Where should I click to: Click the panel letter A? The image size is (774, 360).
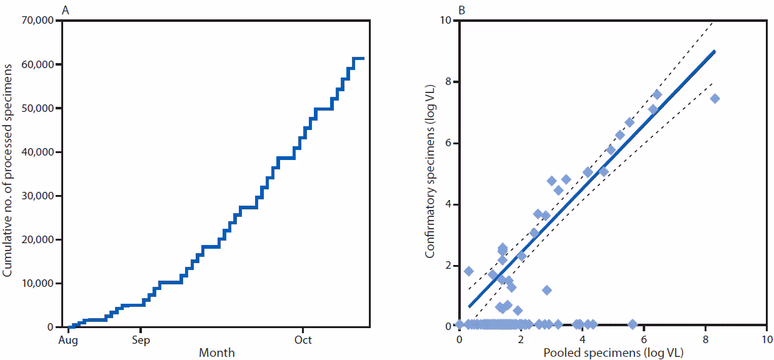[65, 10]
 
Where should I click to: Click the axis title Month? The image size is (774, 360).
[216, 353]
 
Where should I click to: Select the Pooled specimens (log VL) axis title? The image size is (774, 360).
[613, 353]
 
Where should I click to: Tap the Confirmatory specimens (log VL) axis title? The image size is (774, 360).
[430, 173]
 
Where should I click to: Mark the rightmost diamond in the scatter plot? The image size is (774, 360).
[715, 98]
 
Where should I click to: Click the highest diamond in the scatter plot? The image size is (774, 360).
[656, 94]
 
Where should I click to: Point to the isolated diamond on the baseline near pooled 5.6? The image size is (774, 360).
[632, 324]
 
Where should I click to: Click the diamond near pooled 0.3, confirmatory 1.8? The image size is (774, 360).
[469, 271]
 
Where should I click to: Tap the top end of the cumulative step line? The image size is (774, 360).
[363, 58]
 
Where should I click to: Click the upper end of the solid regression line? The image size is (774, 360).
[715, 51]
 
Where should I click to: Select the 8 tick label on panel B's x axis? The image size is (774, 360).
[706, 339]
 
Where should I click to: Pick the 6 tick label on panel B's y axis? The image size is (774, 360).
[449, 143]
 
